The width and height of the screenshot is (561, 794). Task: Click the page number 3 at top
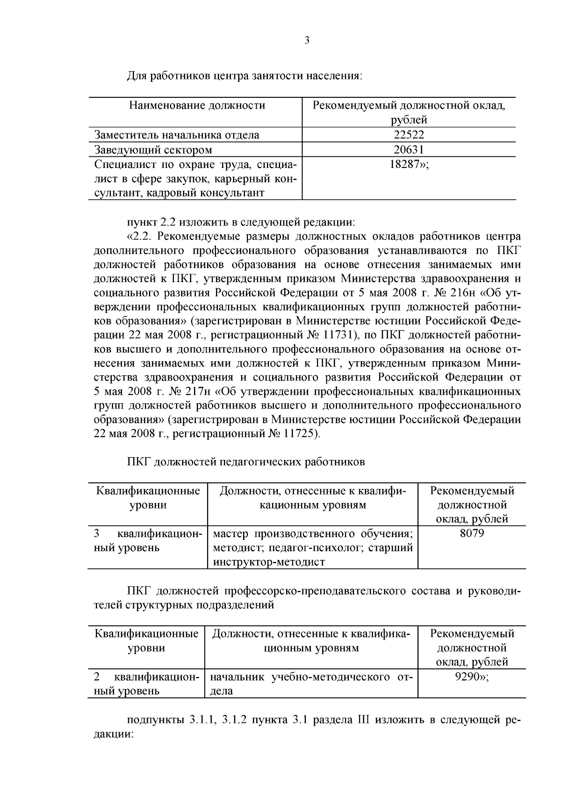[307, 41]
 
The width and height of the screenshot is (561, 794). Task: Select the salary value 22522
[409, 135]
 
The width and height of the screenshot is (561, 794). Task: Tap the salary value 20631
[409, 150]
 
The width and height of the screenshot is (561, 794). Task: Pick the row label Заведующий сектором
[153, 150]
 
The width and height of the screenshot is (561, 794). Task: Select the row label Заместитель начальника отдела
[177, 135]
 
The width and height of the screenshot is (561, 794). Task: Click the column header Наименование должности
[197, 105]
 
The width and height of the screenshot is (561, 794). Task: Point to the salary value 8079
[472, 533]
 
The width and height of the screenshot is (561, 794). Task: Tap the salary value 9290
[468, 677]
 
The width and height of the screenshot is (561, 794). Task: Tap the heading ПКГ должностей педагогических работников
[246, 462]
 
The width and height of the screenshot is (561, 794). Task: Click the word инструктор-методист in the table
[269, 562]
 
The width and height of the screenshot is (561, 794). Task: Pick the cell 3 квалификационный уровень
[147, 540]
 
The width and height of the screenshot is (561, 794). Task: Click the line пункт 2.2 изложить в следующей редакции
[241, 221]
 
